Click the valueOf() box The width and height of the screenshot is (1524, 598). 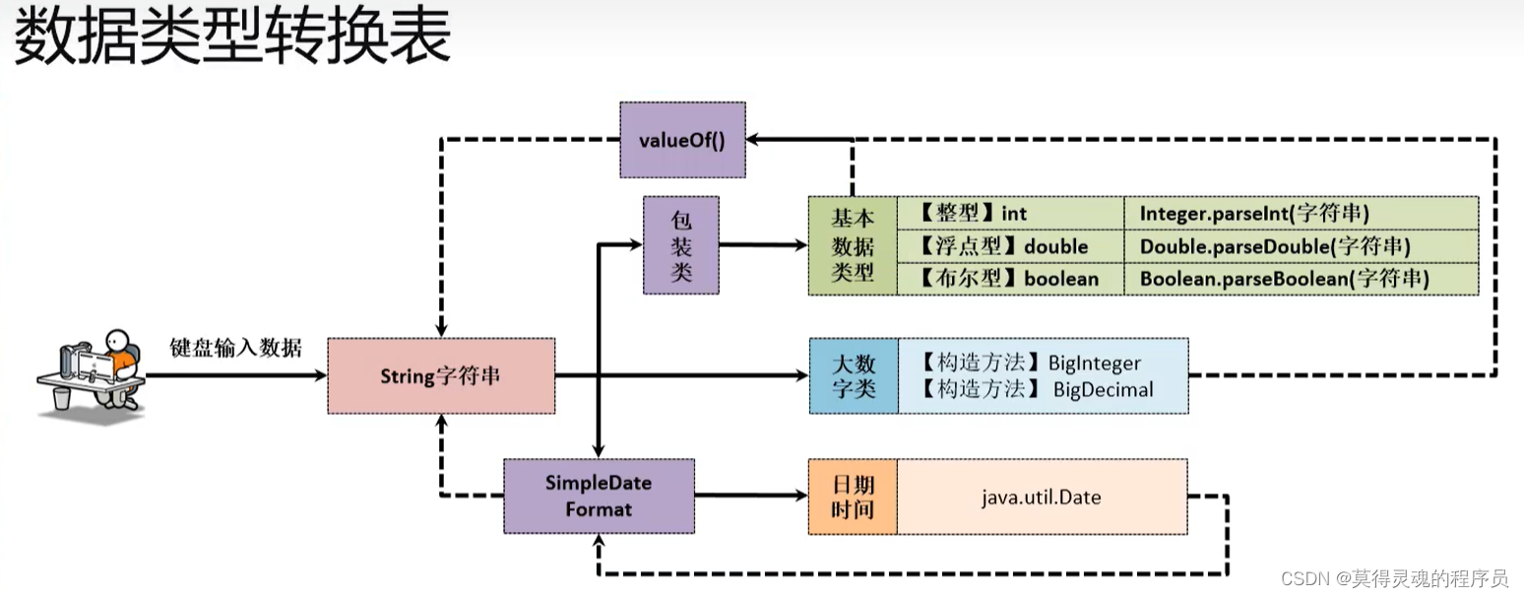click(682, 139)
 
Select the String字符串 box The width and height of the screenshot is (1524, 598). click(440, 375)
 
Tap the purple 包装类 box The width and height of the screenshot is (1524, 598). click(681, 244)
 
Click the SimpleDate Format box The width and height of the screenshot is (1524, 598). click(599, 497)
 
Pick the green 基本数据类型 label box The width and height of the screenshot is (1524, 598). click(853, 245)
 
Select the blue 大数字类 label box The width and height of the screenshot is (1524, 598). click(853, 375)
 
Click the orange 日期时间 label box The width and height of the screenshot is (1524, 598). click(853, 497)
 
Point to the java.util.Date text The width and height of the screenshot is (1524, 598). click(1041, 497)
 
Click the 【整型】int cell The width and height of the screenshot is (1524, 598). click(1010, 213)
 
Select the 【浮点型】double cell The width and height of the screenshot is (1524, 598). click(1010, 245)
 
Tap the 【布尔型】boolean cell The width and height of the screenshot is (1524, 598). click(1010, 278)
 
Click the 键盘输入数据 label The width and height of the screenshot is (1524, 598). click(235, 348)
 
